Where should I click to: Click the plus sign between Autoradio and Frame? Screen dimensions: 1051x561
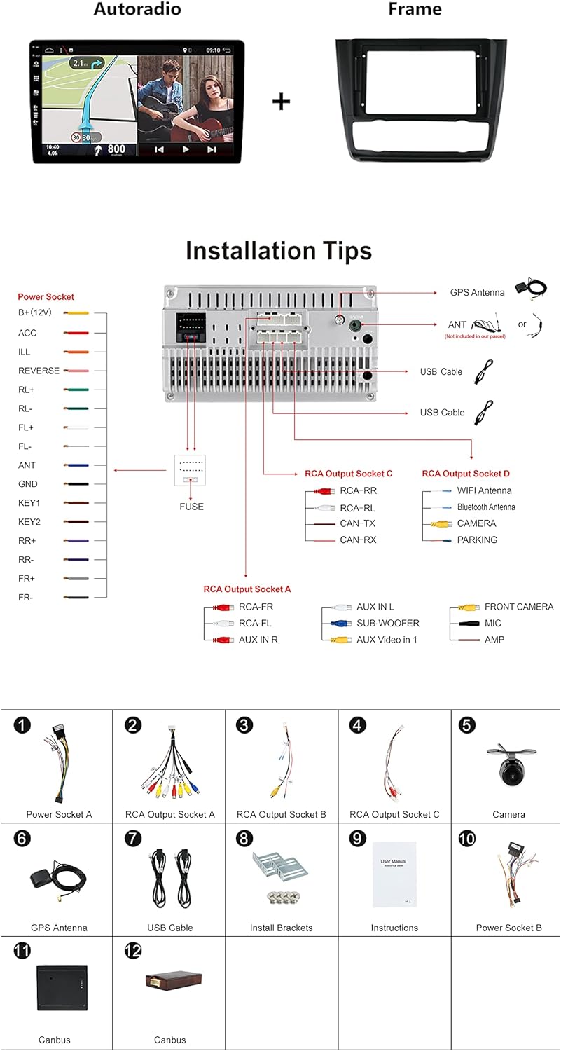281,102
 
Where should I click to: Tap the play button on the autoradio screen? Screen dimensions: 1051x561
186,149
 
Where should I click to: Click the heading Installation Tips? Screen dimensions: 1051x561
279,251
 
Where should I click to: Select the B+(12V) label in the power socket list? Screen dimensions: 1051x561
35,312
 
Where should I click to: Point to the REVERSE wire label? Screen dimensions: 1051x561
39,371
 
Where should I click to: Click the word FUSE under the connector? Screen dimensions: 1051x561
191,507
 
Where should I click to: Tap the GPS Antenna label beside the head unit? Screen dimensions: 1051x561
478,292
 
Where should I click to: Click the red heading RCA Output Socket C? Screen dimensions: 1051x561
349,474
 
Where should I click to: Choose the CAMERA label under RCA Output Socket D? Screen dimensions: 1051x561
476,523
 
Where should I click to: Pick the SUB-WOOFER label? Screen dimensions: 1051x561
388,623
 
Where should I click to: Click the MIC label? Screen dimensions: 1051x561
493,623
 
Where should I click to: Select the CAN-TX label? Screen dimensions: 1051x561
358,523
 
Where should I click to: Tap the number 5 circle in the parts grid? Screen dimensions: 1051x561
467,725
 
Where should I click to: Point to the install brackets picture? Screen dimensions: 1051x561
281,876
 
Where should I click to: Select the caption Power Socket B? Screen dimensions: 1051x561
508,928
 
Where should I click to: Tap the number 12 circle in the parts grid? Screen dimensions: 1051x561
134,951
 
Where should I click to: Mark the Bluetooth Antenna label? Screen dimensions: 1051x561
486,507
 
